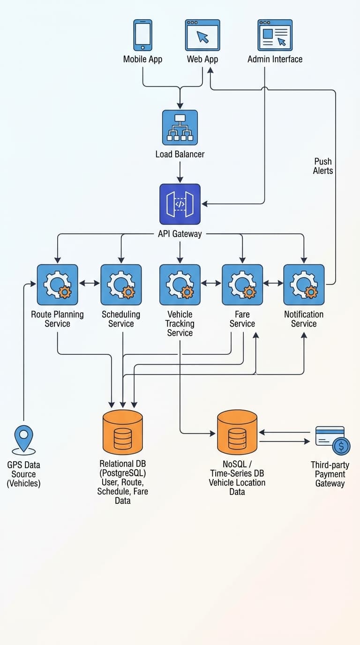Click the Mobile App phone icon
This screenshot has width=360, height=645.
[x=142, y=35]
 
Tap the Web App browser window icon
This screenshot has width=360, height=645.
[x=202, y=35]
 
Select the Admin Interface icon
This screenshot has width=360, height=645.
[x=275, y=35]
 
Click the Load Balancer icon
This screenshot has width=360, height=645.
[x=180, y=127]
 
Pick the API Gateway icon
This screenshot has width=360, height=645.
[x=180, y=204]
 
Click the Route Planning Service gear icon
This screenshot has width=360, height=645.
[x=57, y=285]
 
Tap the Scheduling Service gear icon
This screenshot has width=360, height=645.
[x=121, y=285]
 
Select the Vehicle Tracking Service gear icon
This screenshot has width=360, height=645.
[x=180, y=285]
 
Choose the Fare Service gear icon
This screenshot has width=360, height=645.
[x=242, y=285]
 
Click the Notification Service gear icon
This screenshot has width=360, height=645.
[x=304, y=285]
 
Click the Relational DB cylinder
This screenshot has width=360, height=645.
[x=123, y=432]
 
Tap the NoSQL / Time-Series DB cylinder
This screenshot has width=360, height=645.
[x=237, y=432]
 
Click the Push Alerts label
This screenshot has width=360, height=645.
[x=323, y=166]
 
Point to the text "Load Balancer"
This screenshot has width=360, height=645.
[x=180, y=154]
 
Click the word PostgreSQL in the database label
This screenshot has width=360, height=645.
[x=123, y=473]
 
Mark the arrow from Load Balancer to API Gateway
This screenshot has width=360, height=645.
[x=180, y=172]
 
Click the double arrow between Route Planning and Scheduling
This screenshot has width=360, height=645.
[x=89, y=283]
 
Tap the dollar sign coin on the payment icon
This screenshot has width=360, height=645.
[x=341, y=446]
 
